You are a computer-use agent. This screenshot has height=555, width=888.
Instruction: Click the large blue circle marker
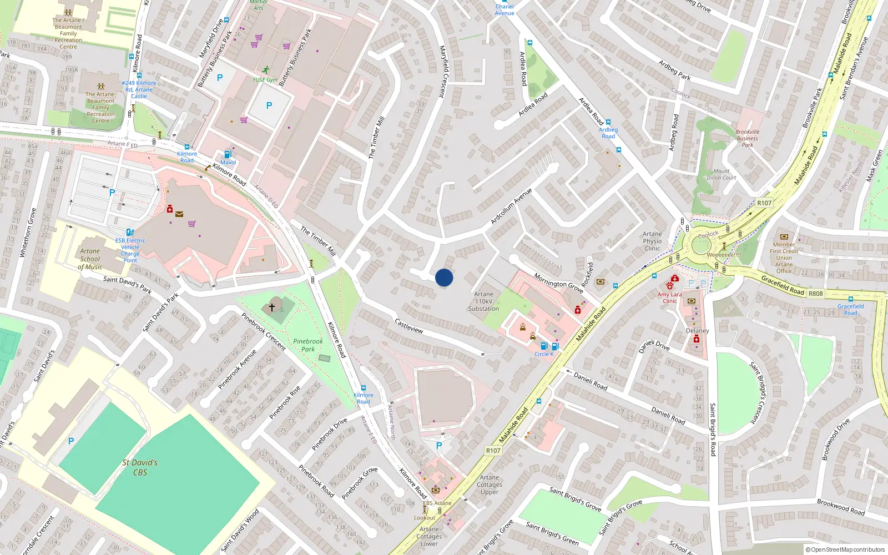[x=444, y=277]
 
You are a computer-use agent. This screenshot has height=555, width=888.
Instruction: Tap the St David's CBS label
[x=140, y=467]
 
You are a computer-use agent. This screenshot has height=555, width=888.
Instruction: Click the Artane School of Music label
[x=90, y=259]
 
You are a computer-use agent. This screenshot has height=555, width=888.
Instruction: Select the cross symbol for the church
[x=272, y=306]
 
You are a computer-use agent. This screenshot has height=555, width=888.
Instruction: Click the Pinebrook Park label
[x=308, y=345]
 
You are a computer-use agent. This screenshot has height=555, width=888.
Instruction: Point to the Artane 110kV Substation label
[x=483, y=301]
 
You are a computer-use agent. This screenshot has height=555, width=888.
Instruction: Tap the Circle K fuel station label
[x=544, y=354]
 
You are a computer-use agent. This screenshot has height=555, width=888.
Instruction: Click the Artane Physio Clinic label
[x=653, y=241]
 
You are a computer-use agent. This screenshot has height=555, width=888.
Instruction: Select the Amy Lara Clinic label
[x=670, y=298]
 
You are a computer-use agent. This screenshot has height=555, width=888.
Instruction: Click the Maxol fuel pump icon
[x=228, y=154]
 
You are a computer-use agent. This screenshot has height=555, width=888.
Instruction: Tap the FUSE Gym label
[x=265, y=79]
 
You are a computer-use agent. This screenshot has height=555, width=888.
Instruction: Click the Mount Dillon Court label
[x=722, y=174]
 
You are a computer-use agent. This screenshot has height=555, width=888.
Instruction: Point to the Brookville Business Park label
[x=748, y=138]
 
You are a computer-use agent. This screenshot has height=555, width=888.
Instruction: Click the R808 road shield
[x=816, y=293]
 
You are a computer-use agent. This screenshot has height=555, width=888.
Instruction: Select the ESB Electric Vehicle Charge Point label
[x=130, y=250]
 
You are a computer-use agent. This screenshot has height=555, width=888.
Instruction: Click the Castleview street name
[x=409, y=326]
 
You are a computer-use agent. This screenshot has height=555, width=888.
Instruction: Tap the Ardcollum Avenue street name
[x=511, y=206]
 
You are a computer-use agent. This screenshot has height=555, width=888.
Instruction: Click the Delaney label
[x=698, y=330]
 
